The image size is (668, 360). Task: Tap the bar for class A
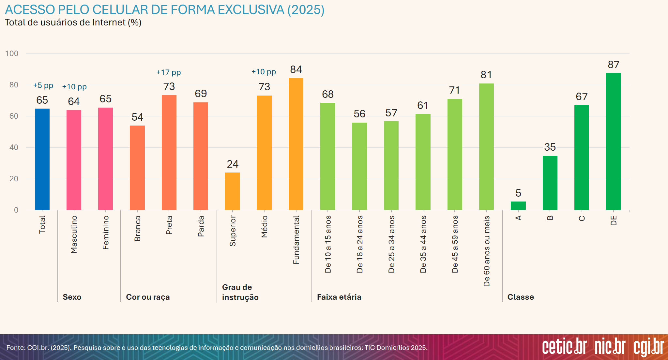point(518,206)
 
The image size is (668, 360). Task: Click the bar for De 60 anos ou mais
point(486,146)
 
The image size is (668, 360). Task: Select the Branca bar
point(137,168)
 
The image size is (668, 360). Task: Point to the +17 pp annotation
point(168,72)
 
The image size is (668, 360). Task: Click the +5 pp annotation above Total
point(43,85)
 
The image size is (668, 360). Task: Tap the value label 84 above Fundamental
point(296,69)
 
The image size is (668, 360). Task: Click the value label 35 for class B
point(550,147)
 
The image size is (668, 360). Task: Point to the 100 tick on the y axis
point(12,53)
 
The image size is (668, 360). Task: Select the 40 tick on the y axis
point(14,147)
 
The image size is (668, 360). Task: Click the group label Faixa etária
point(339,297)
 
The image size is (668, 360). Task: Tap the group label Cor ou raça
point(148,297)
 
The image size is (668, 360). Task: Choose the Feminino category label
point(106,232)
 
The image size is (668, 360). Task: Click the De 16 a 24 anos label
point(360,244)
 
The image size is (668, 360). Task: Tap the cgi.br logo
point(649,347)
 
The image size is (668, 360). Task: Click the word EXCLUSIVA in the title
point(251,10)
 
